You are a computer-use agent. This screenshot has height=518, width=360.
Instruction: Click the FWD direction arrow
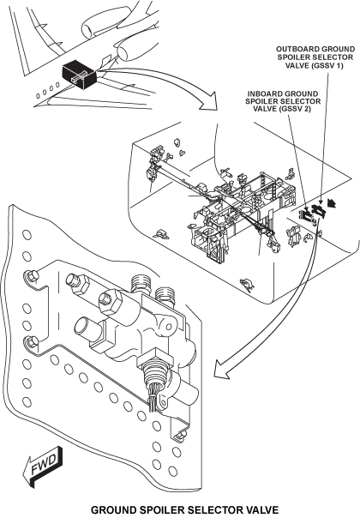point(42,467)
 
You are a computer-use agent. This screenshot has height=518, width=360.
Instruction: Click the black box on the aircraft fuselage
point(79,75)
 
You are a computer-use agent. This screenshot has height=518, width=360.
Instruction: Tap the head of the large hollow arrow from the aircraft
point(208,101)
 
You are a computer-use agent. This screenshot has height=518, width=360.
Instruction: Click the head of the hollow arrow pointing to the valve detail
point(222,369)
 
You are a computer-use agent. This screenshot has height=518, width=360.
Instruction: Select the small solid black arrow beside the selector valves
point(332,203)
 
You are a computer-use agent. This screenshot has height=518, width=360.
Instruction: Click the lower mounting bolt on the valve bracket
point(31,342)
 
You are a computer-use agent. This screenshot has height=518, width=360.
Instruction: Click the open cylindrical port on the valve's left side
point(87,329)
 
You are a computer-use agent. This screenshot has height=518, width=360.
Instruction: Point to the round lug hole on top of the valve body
point(167,328)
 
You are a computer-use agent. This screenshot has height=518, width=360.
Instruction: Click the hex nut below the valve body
point(155,361)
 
